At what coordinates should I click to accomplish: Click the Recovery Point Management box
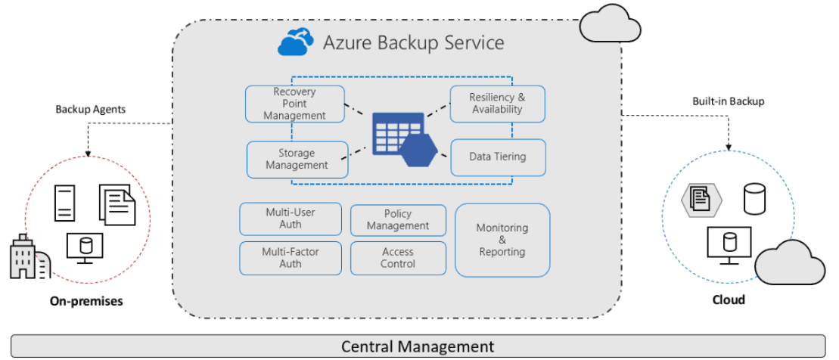(294, 104)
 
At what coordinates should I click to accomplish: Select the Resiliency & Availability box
(497, 104)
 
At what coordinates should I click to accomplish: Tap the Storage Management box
(297, 160)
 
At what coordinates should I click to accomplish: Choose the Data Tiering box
(497, 157)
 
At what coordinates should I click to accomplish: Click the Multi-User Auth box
(290, 219)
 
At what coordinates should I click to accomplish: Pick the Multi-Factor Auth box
(290, 258)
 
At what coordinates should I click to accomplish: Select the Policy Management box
(398, 220)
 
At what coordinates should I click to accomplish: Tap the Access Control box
(398, 258)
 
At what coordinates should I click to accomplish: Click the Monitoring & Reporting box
(502, 240)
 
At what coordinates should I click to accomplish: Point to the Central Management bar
(418, 346)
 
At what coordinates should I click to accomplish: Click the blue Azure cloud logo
(296, 42)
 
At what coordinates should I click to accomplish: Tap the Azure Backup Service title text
(413, 42)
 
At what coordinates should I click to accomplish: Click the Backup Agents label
(90, 109)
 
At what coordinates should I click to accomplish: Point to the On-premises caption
(86, 301)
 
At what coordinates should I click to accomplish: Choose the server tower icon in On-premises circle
(65, 203)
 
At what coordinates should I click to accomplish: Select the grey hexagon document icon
(701, 199)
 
